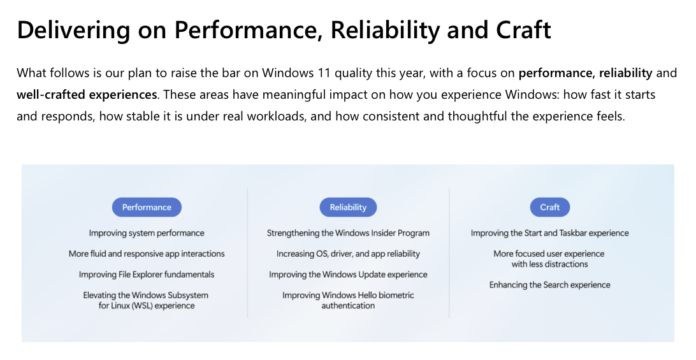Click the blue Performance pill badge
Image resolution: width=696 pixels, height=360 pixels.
(x=147, y=207)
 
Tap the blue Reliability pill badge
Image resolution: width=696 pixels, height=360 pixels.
(x=348, y=207)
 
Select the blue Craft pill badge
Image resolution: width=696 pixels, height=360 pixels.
(x=549, y=207)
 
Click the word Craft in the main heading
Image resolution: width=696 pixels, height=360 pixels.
(x=523, y=30)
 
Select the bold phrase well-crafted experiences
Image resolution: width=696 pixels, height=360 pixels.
(x=87, y=94)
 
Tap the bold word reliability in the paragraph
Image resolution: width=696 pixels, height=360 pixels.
(x=626, y=73)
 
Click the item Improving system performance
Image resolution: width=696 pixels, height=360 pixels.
(x=147, y=233)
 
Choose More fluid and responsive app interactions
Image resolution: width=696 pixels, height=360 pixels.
(x=147, y=254)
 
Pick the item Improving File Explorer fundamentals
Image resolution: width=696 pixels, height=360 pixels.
(x=147, y=275)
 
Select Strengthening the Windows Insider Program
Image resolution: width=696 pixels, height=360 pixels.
(x=348, y=233)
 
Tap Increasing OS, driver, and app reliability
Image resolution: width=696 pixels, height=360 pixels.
(x=348, y=254)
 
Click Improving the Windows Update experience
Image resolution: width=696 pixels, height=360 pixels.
(x=348, y=275)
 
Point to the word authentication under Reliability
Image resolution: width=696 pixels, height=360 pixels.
(x=348, y=306)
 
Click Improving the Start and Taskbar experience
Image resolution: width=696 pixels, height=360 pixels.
(x=549, y=233)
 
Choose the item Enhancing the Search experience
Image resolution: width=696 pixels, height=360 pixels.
(x=549, y=285)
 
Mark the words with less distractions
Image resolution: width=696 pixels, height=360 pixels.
(x=549, y=264)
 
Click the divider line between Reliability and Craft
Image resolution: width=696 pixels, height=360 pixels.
(x=449, y=252)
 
